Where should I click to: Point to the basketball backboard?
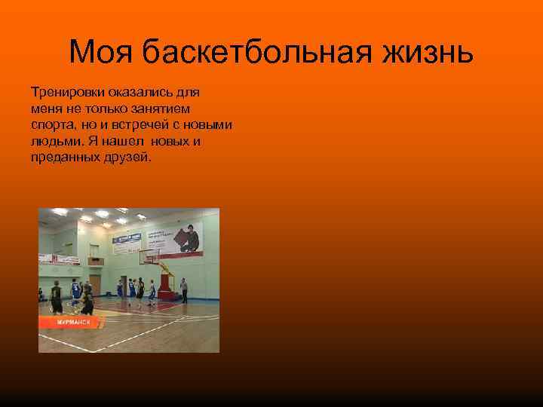tap(151, 257)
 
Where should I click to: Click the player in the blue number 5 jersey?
tap(75, 292)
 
